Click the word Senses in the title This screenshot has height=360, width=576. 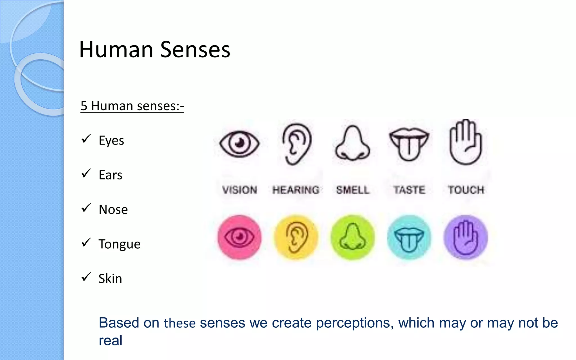click(195, 50)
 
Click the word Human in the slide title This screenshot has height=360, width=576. click(116, 50)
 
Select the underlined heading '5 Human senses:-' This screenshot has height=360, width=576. click(132, 106)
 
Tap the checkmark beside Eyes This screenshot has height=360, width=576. click(86, 139)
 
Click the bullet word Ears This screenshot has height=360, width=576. click(111, 175)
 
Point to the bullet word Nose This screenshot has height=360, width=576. click(113, 210)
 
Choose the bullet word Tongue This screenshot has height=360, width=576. click(120, 244)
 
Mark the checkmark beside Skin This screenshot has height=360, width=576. click(86, 277)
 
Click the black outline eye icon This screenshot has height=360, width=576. click(239, 143)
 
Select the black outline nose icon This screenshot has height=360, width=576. click(353, 143)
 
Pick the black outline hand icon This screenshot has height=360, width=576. click(466, 142)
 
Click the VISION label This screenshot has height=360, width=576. click(240, 190)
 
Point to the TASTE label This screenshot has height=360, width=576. click(409, 190)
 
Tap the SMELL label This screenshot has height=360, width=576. click(353, 190)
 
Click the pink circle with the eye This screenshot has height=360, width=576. click(239, 237)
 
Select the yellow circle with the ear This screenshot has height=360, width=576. click(296, 237)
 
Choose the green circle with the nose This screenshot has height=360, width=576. click(353, 237)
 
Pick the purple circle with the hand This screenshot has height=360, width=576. click(466, 237)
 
